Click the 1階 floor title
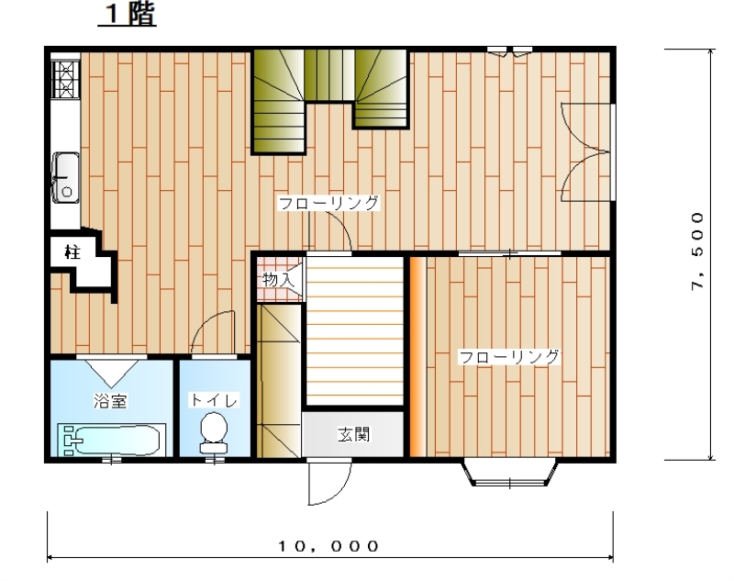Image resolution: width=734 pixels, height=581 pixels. tap(127, 14)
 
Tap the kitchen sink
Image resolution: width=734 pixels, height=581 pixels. tap(65, 178)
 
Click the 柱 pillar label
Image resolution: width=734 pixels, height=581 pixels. tap(72, 252)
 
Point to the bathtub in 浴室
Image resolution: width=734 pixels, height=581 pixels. tap(112, 440)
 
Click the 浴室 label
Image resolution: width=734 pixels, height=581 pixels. tap(110, 401)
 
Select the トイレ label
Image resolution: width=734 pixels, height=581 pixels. tap(214, 400)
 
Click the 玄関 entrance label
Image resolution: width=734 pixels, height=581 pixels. tap(354, 434)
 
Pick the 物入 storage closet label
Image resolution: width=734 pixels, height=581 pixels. tap(279, 280)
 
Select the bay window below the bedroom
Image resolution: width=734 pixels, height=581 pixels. tap(510, 474)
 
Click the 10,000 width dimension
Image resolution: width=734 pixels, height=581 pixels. tap(328, 546)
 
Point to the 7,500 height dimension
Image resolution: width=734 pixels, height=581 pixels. tap(697, 251)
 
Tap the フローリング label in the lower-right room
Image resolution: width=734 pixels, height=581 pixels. tap(509, 357)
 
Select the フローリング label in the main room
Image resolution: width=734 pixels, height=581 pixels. tap(328, 203)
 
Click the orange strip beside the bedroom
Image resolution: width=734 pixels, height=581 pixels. tap(418, 357)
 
